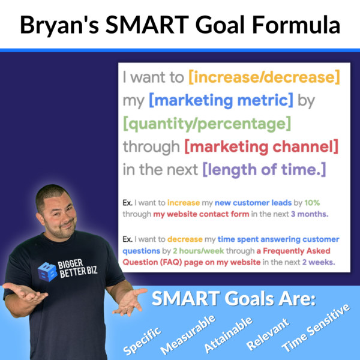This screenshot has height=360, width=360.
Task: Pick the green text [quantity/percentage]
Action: click(x=207, y=124)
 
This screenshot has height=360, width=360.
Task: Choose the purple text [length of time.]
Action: click(x=264, y=170)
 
